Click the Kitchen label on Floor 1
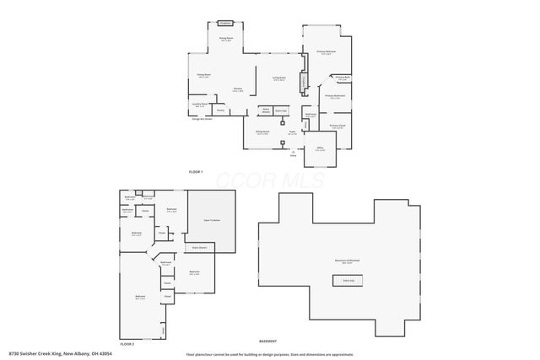pyautogui.click(x=239, y=89)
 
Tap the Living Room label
pyautogui.click(x=278, y=79)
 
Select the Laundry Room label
pyautogui.click(x=199, y=105)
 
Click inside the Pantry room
pyautogui.click(x=220, y=110)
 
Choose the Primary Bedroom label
pyautogui.click(x=327, y=53)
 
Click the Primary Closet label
pyautogui.click(x=337, y=126)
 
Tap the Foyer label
pyautogui.click(x=291, y=132)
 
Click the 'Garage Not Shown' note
pyautogui.click(x=202, y=119)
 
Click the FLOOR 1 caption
pyautogui.click(x=195, y=172)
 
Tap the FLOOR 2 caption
pyautogui.click(x=127, y=344)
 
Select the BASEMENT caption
pyautogui.click(x=337, y=340)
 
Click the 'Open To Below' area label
pyautogui.click(x=212, y=220)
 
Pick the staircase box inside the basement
pyautogui.click(x=348, y=281)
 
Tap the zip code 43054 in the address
pyautogui.click(x=104, y=353)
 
